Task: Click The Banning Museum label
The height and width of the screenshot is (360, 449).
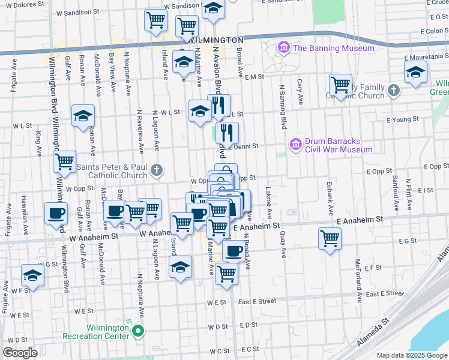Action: coord(333,48)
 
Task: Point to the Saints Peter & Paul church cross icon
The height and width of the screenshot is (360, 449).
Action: coord(156,170)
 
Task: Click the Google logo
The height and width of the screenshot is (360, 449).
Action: coord(20,353)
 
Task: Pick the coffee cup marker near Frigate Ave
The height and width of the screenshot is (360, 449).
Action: coord(56,213)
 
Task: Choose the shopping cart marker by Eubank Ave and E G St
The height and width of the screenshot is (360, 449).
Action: coord(330,238)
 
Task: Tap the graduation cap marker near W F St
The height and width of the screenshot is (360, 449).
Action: coord(33,275)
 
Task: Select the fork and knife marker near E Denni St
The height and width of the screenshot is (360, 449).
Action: coord(227,132)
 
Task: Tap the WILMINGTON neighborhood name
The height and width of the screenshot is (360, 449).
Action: coord(216,40)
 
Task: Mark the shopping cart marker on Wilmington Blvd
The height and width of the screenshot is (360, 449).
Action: coord(64,161)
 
